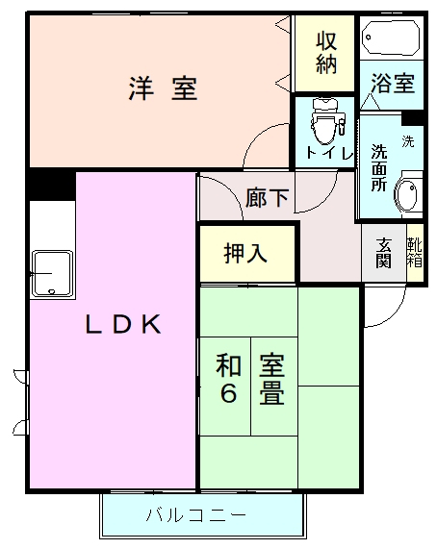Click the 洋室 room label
click(x=163, y=88)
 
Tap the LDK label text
click(x=123, y=324)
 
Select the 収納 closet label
click(x=326, y=53)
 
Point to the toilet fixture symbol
click(x=327, y=121)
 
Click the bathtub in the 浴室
click(x=391, y=37)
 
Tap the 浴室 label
click(x=393, y=84)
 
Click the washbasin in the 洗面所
click(x=408, y=193)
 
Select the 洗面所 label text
click(x=379, y=167)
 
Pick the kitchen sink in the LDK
click(x=53, y=273)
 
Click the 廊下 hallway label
click(x=267, y=198)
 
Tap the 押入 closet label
click(x=245, y=253)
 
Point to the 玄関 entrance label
click(x=383, y=253)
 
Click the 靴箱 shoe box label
click(x=415, y=253)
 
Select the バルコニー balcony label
click(x=196, y=515)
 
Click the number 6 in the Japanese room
click(x=228, y=393)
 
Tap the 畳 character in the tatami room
click(x=272, y=393)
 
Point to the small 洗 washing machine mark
click(x=408, y=141)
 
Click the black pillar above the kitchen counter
click(x=53, y=185)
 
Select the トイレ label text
click(x=329, y=153)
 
